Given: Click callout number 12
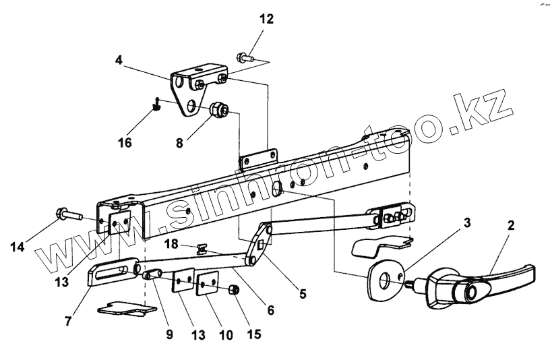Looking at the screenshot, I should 266,19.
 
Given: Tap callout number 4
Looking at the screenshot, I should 119,59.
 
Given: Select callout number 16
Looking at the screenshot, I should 124,142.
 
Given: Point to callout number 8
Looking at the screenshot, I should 179,143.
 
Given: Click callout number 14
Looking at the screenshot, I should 18,247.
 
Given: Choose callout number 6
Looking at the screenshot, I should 270,311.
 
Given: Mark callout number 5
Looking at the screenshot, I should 303,294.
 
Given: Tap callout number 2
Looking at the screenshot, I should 510,225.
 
